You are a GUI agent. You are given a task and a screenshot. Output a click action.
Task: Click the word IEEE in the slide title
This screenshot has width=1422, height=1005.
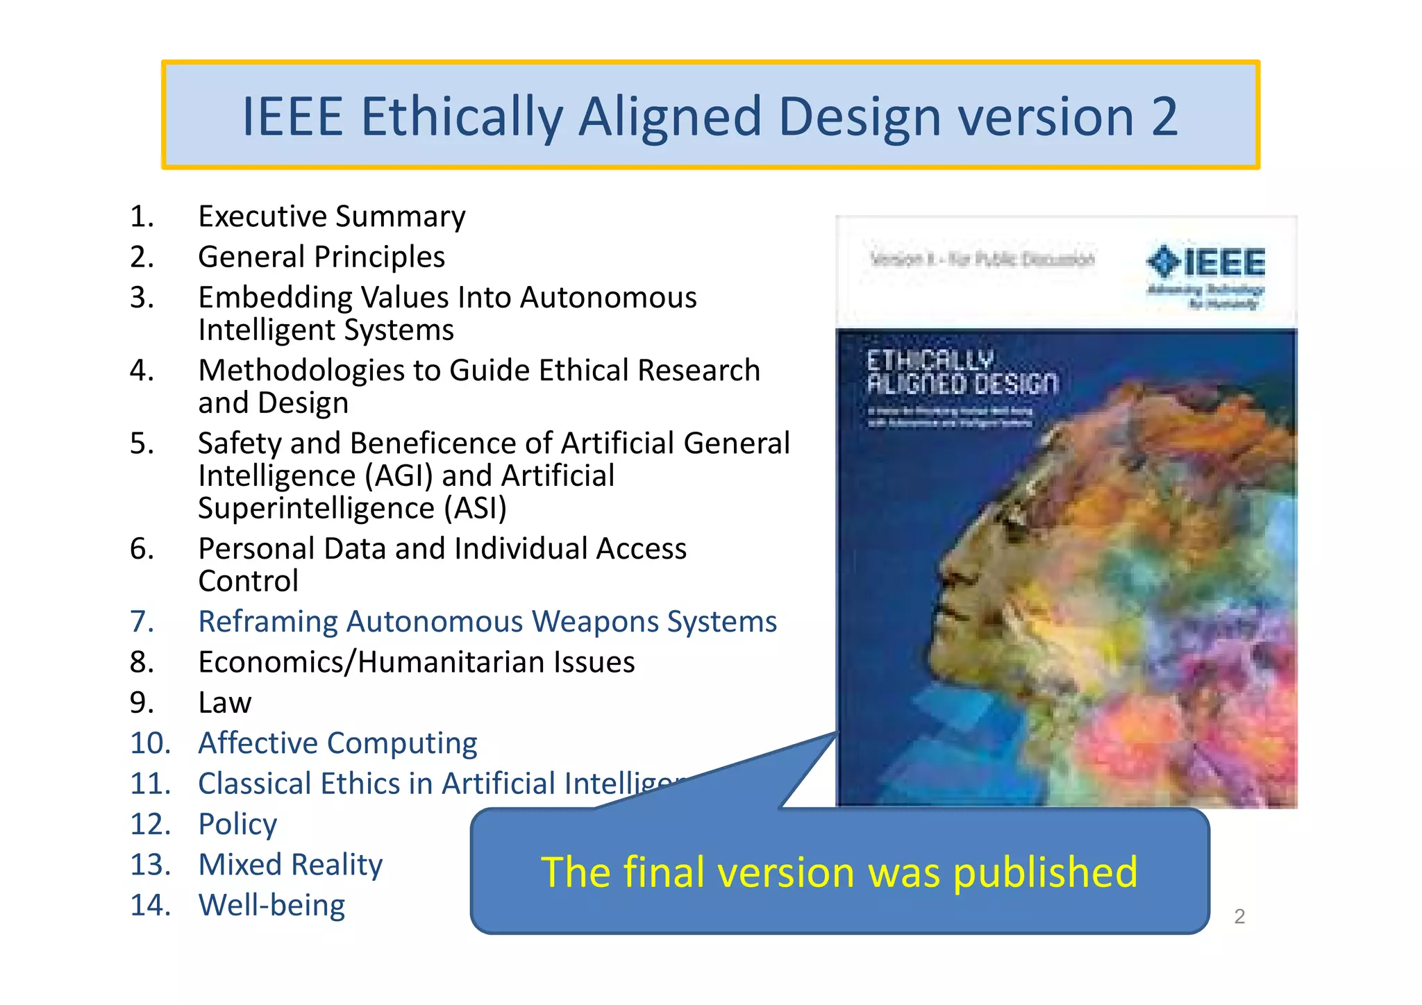(x=292, y=117)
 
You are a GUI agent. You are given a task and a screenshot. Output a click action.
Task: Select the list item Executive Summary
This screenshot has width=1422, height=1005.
(x=331, y=217)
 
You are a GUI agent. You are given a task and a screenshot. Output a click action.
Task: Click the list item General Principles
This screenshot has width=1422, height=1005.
(x=321, y=257)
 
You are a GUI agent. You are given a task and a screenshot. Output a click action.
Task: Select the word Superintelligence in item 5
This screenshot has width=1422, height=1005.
(x=316, y=508)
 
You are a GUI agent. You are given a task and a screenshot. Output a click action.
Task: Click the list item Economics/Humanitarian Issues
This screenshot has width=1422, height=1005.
(x=417, y=662)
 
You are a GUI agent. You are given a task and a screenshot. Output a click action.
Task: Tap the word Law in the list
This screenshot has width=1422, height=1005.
(x=224, y=702)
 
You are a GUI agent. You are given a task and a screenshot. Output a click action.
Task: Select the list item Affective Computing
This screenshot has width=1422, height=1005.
(x=337, y=743)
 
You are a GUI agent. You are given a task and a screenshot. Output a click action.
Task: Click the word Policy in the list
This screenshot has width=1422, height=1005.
(x=237, y=825)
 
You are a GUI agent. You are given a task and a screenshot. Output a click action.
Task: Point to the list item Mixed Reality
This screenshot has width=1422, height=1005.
(x=290, y=865)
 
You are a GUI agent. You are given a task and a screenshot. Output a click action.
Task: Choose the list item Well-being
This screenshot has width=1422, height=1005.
(x=271, y=905)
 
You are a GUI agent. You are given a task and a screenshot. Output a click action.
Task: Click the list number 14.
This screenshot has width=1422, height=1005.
(x=150, y=905)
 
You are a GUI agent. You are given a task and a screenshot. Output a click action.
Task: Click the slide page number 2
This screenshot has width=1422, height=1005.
(x=1239, y=917)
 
